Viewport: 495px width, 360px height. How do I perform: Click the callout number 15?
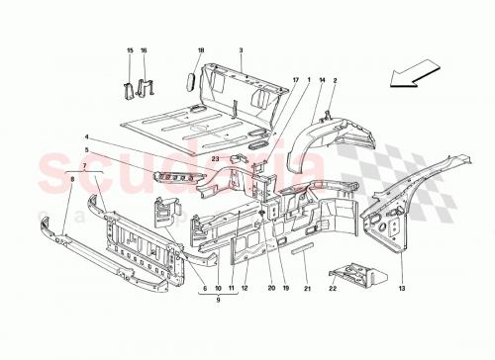coord(129,50)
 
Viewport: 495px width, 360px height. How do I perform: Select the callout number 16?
coord(144,50)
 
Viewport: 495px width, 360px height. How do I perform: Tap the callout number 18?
coord(200,50)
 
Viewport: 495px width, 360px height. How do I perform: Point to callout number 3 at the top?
coord(241,50)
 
